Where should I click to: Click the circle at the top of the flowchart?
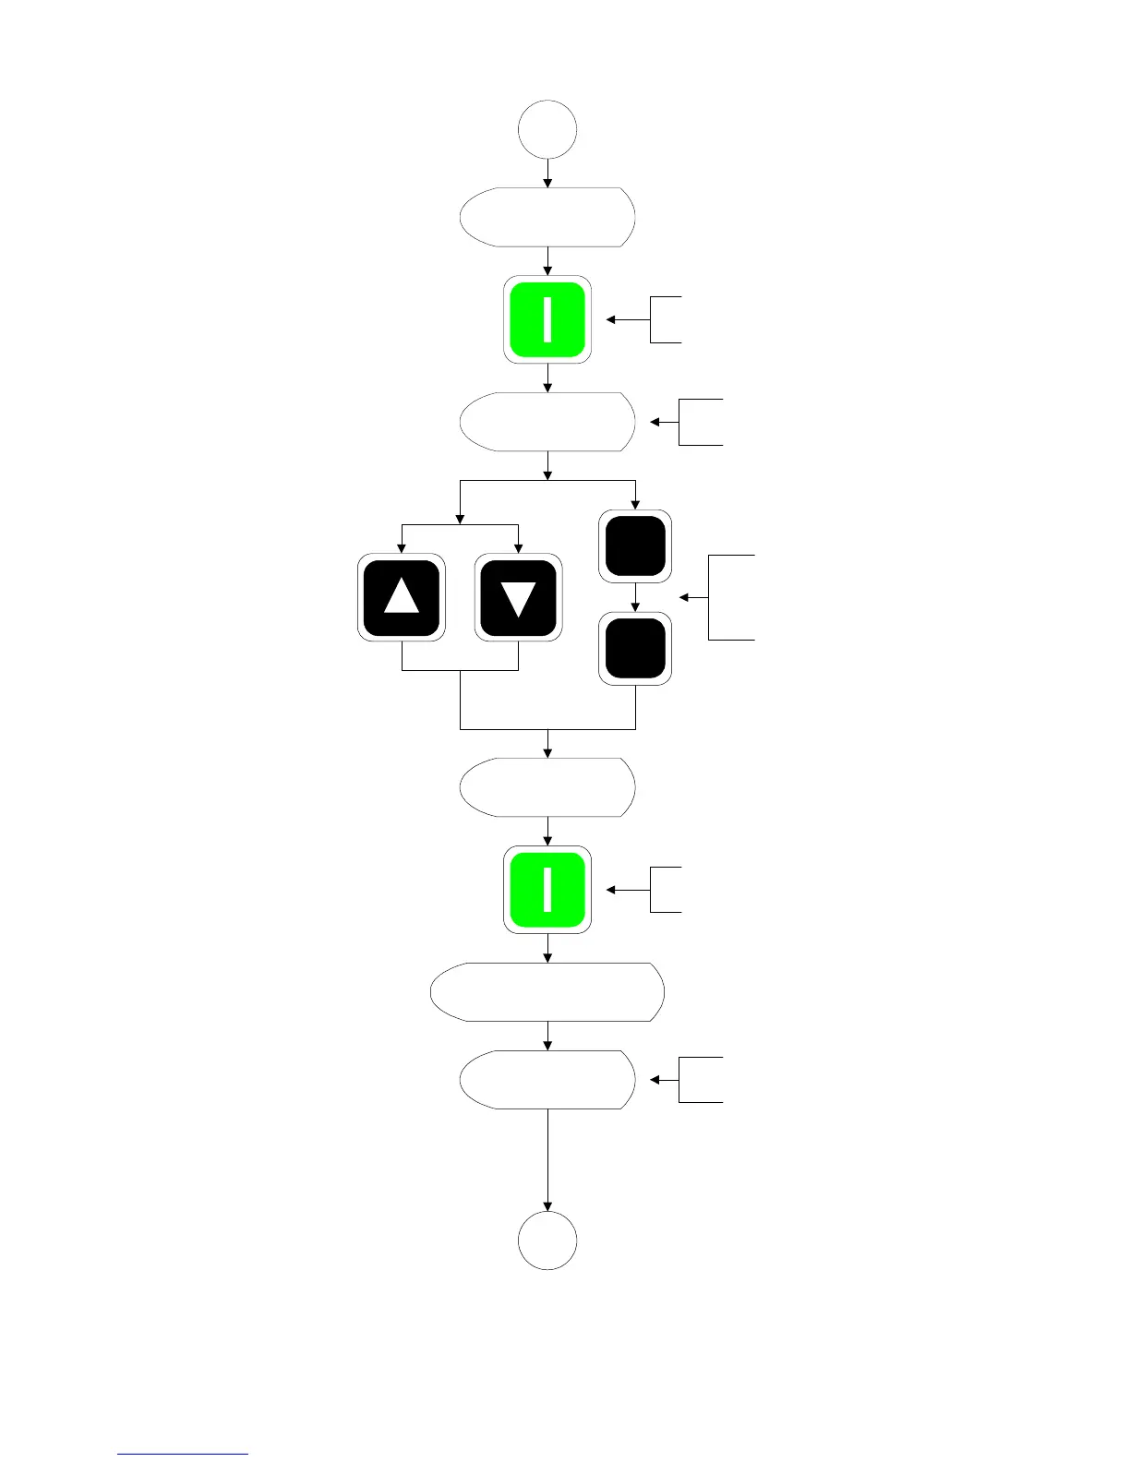coord(547,130)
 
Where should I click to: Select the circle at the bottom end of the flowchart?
coord(547,1240)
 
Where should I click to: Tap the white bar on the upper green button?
coord(547,319)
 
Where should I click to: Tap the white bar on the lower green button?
coord(547,890)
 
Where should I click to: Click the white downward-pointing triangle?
coord(518,598)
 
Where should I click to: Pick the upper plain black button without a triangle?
coord(635,546)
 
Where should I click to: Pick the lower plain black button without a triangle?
coord(635,650)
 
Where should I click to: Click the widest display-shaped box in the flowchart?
coord(547,992)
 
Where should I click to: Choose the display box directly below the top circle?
coord(547,217)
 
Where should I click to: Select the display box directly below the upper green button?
coord(547,422)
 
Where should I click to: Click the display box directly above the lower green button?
coord(547,787)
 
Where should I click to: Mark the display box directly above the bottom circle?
coord(547,1079)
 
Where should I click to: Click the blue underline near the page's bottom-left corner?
coord(183,1454)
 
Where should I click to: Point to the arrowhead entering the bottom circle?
coord(547,1205)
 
